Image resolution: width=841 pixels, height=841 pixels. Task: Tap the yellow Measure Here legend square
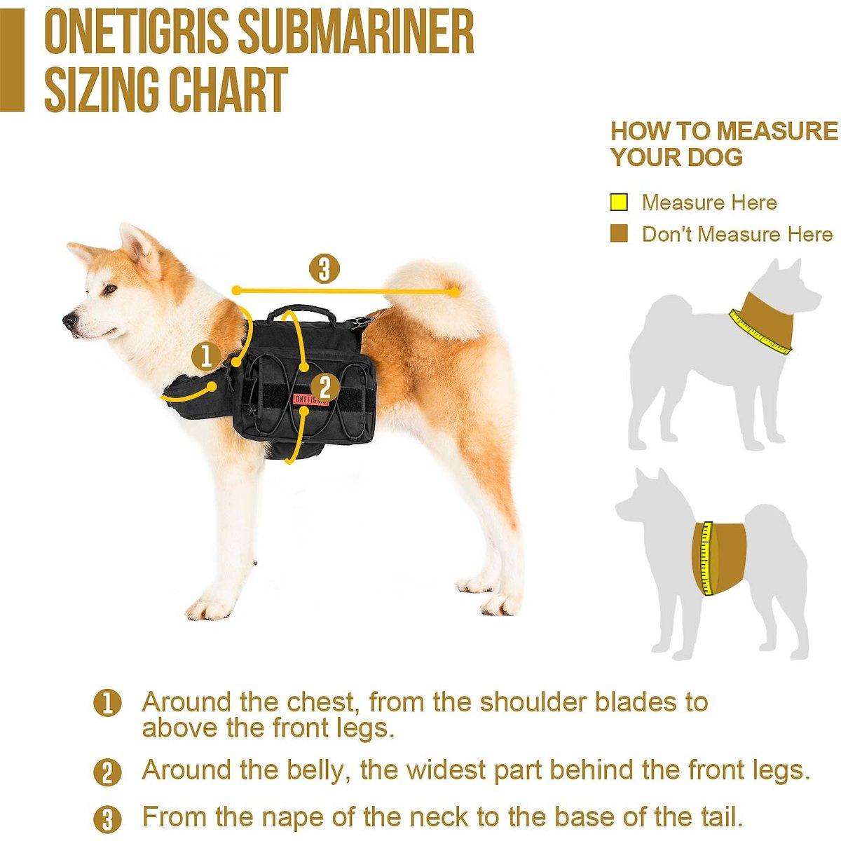[x=619, y=203]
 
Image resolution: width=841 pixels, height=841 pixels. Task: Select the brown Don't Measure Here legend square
[x=619, y=234]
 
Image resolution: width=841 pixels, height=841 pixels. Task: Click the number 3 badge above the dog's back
[x=324, y=269]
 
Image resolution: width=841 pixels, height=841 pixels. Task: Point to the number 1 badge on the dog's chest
[x=206, y=356]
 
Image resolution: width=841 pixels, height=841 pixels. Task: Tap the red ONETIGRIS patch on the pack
[x=310, y=398]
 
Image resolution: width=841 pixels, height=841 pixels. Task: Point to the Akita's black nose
[x=70, y=321]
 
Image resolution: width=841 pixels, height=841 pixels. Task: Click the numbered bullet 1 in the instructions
[x=107, y=703]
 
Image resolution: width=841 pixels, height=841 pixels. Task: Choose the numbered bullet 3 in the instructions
[x=107, y=819]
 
